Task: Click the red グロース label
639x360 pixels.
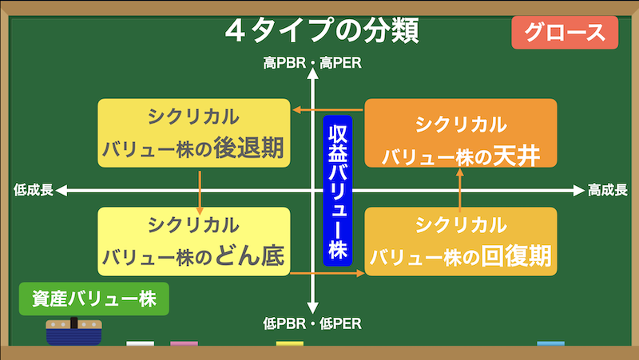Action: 565,33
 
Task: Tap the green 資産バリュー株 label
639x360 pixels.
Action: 94,299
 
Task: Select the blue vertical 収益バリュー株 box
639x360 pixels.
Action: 337,191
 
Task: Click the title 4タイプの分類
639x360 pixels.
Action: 322,31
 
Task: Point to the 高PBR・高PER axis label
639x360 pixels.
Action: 312,63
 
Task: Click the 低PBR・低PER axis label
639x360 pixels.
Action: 312,324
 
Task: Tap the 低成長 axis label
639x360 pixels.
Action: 34,190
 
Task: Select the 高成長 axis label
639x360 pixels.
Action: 607,190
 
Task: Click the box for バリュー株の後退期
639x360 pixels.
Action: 194,133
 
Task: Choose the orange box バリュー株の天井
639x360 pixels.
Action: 461,133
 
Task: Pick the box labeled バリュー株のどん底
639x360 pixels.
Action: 194,242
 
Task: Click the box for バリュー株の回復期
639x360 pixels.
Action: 461,242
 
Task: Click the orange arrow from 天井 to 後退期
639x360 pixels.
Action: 328,110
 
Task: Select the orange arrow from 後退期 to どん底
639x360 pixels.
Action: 200,192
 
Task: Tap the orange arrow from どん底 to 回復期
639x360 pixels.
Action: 327,273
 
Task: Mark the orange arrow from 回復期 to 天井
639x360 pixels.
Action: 460,190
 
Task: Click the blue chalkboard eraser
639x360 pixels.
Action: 73,331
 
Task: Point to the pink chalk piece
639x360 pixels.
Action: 185,344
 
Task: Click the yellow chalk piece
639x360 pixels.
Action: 290,344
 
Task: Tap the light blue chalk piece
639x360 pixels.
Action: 551,344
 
